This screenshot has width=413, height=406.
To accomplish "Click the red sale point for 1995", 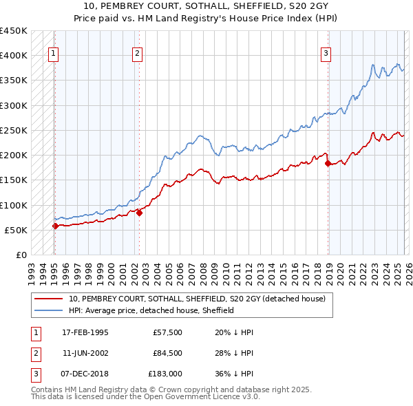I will click(x=55, y=226).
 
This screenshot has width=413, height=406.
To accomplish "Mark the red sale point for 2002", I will click(x=139, y=213).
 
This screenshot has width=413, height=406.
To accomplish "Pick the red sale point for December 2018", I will click(x=328, y=163).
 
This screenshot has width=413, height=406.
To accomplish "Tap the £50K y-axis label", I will click(x=17, y=230).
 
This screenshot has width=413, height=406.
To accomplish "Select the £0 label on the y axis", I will click(x=21, y=255).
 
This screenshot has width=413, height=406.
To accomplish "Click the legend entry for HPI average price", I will click(x=151, y=310).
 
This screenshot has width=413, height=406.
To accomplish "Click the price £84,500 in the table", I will click(x=167, y=353).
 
